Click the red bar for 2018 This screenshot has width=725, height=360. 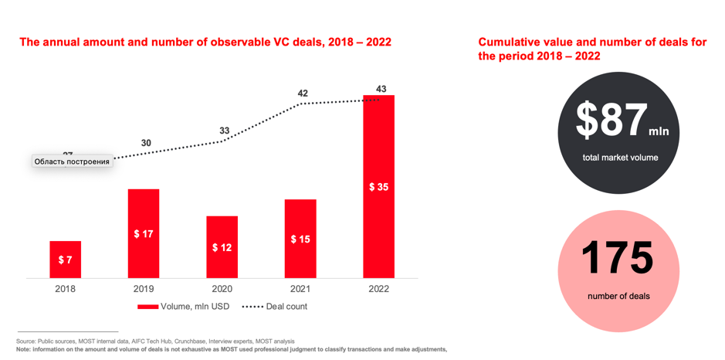coord(65,260)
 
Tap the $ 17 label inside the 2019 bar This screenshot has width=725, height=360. coord(143,234)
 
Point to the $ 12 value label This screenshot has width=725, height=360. coord(222,248)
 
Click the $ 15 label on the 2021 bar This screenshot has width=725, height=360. coord(300,239)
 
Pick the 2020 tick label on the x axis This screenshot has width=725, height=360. coord(222,289)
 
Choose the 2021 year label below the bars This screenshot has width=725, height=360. coord(300,289)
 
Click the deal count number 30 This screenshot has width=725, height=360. coord(146,143)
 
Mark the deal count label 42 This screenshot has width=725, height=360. coord(303,93)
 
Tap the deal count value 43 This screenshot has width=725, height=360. coord(381,89)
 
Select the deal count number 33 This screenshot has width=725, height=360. coord(224,131)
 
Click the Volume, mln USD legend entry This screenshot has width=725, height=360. coord(185,307)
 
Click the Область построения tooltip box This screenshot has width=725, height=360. coord(72,161)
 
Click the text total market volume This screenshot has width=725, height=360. coord(620,158)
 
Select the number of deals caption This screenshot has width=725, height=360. coord(618,296)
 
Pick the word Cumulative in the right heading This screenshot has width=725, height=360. coord(506,42)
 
